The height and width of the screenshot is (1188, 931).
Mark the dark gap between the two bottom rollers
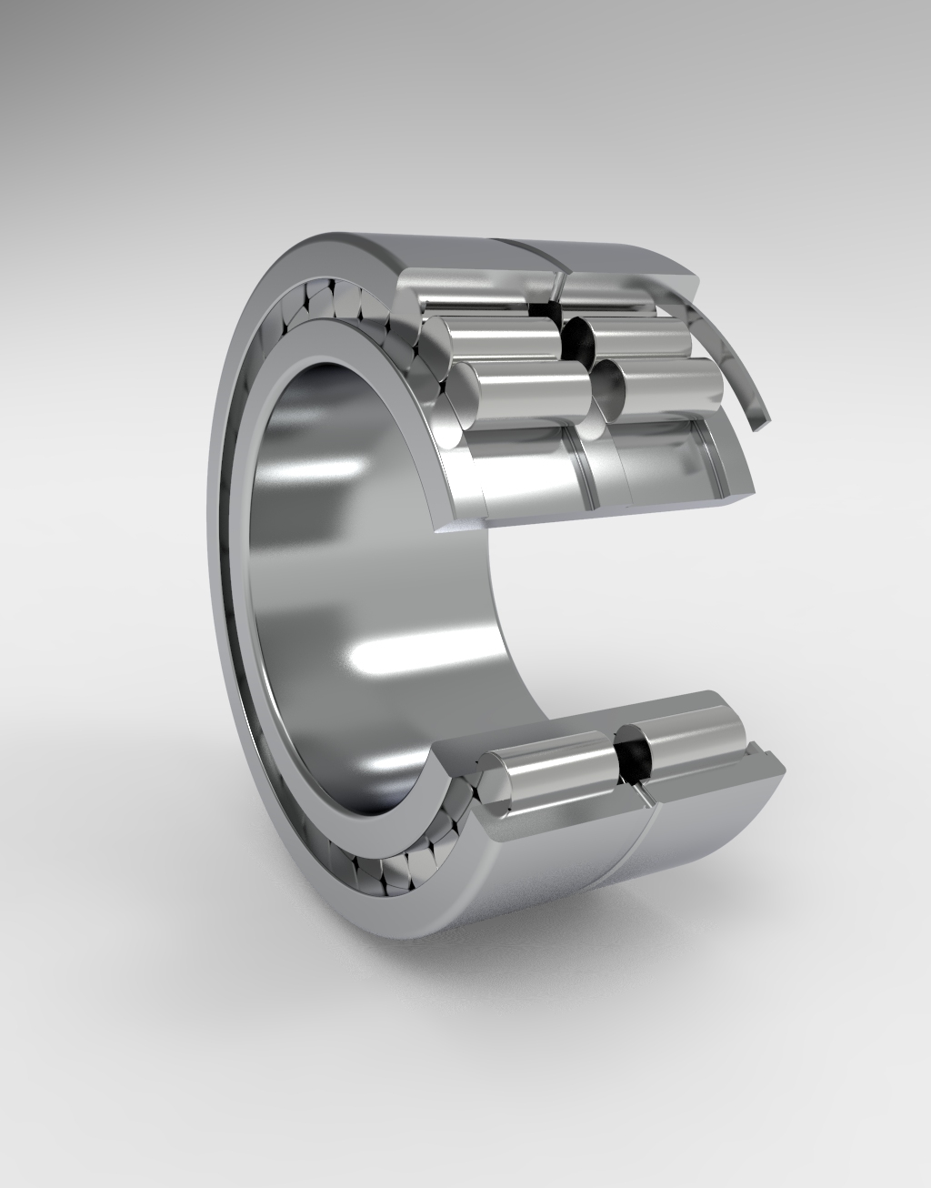626,753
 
